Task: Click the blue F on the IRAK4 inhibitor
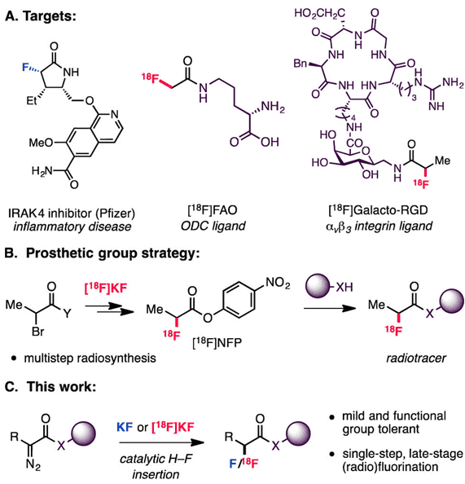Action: click(26, 67)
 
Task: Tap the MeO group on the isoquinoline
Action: click(41, 143)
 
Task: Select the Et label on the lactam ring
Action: click(32, 100)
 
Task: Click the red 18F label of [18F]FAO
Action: click(151, 78)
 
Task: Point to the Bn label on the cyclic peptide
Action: click(300, 64)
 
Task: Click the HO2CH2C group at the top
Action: click(320, 13)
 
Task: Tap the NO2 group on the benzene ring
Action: click(278, 283)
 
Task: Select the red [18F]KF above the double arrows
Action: click(106, 288)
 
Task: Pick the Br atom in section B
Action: click(38, 332)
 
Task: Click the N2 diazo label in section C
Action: click(33, 464)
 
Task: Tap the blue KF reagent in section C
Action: click(125, 427)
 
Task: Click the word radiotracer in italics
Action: click(416, 358)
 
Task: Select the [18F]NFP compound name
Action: click(217, 343)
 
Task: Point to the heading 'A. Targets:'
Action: click(41, 16)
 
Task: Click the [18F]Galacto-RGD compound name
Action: click(379, 210)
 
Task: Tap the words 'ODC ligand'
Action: click(213, 227)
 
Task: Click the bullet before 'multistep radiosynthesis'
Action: click(13, 359)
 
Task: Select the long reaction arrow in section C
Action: click(161, 442)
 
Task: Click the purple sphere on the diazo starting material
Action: click(83, 434)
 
